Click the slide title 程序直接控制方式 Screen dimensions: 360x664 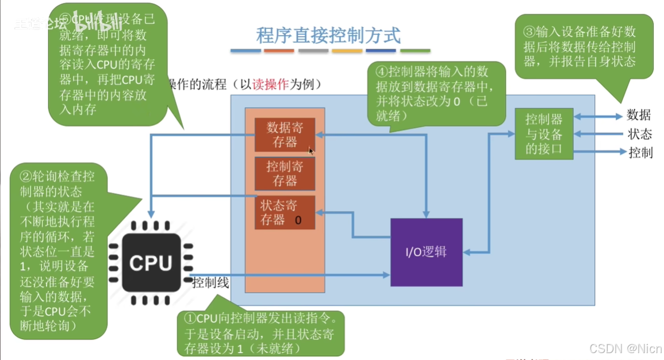pos(328,35)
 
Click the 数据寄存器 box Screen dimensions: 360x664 pos(285,135)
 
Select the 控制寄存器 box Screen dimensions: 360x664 pos(285,173)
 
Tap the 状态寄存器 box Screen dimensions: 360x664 pos(285,212)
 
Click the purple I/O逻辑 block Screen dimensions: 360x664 pos(426,252)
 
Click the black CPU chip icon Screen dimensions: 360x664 pos(151,263)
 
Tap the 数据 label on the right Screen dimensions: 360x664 pos(639,115)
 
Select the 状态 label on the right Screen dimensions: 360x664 pos(639,134)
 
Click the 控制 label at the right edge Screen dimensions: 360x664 pos(640,152)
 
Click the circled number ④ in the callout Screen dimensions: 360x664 pos(382,72)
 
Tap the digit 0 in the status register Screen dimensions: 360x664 pos(298,220)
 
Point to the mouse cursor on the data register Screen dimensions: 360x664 pos(310,151)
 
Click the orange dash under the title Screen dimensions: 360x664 pos(279,51)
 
